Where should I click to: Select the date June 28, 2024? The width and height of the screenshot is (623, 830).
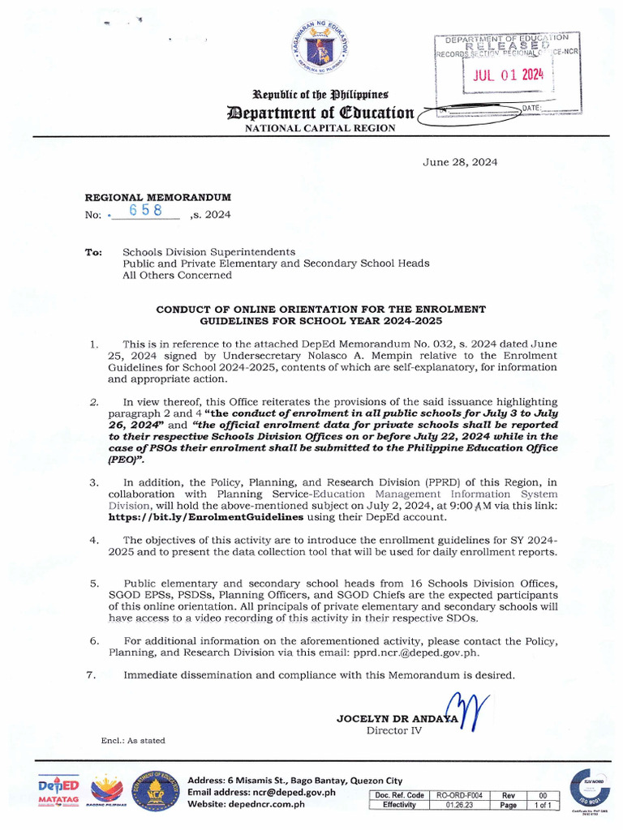(460, 162)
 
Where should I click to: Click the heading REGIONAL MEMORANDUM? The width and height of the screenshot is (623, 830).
(158, 197)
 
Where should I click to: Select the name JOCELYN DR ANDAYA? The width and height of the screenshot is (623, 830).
(397, 718)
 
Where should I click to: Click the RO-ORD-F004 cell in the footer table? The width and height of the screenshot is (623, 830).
(459, 796)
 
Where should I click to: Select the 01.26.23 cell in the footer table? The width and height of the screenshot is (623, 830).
(459, 806)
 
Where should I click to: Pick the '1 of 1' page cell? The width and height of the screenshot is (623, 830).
(543, 806)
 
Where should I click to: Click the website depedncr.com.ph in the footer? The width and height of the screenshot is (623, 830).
(258, 804)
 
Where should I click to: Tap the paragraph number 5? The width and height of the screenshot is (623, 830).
(95, 583)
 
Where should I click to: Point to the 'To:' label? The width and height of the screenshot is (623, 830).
(93, 252)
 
